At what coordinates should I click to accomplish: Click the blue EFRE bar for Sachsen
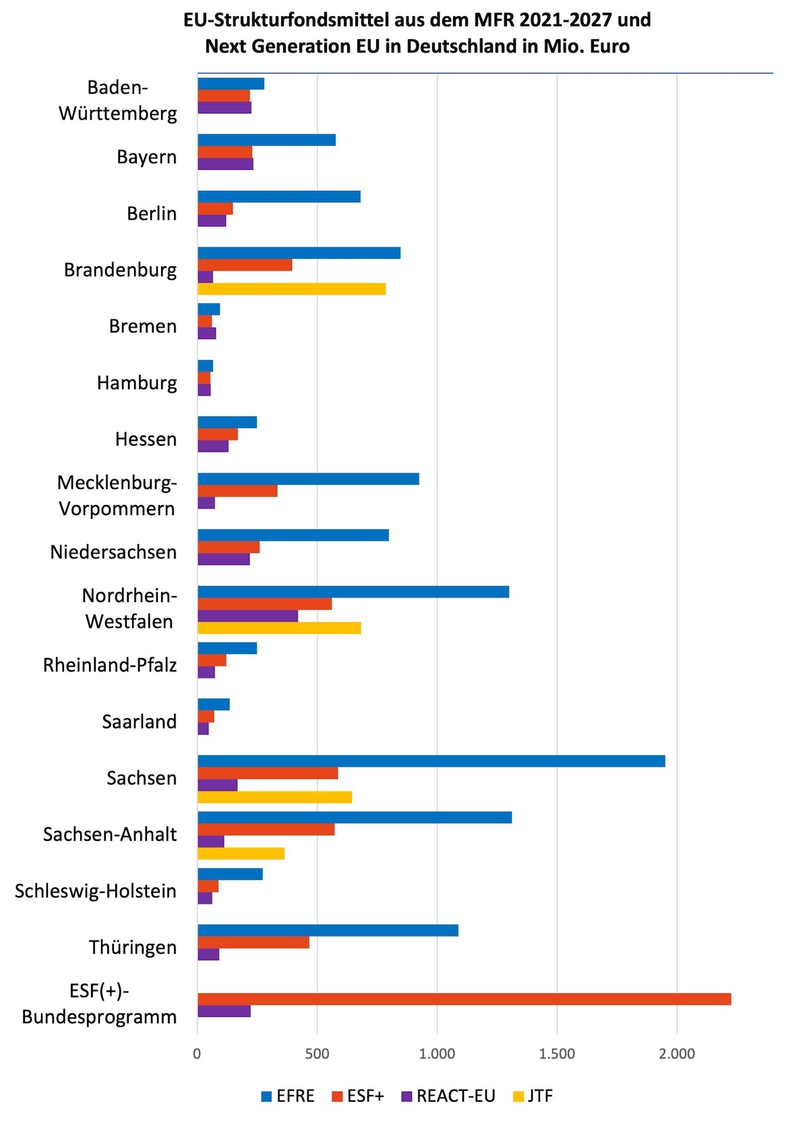[431, 761]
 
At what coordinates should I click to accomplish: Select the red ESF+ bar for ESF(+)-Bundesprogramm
[464, 999]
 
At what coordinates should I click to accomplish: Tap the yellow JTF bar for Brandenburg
[291, 289]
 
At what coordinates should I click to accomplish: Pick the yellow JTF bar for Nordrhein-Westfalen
[279, 628]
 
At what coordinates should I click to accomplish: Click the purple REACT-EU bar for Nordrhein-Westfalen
[247, 616]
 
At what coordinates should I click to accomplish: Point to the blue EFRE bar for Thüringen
[328, 930]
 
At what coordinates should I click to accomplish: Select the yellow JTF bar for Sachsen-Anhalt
[241, 854]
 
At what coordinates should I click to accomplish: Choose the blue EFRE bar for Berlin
[279, 197]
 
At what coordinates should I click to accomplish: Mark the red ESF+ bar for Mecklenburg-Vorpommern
[237, 491]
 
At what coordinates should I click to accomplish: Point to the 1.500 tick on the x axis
[557, 1054]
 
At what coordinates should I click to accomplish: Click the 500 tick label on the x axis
[317, 1054]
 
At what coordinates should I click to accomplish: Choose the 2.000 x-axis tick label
[677, 1054]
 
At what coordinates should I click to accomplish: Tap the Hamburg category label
[137, 383]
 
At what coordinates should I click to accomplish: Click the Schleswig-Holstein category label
[96, 891]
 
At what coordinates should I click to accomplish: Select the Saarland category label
[139, 722]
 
